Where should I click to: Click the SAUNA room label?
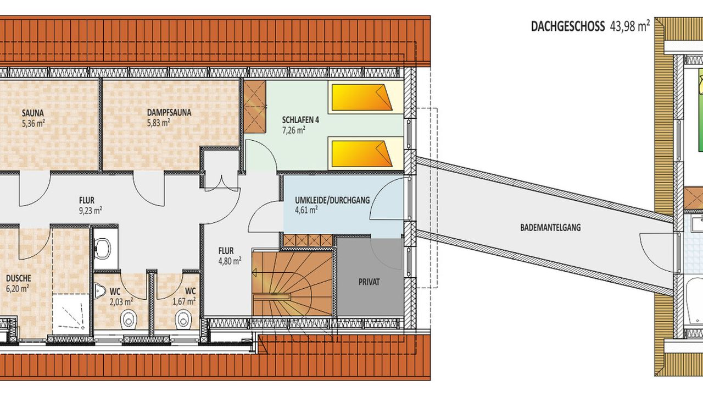(x=32, y=113)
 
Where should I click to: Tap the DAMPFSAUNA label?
(x=169, y=113)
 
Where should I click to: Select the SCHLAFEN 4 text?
(x=300, y=120)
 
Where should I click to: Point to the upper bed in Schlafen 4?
(x=362, y=97)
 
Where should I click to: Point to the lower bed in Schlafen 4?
(x=362, y=153)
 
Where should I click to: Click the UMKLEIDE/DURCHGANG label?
(x=332, y=200)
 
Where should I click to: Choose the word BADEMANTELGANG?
(x=550, y=228)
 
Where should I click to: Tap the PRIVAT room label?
(x=369, y=282)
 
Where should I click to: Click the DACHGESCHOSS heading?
(x=568, y=26)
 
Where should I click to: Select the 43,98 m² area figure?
(x=629, y=26)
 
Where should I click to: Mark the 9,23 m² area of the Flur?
(x=91, y=210)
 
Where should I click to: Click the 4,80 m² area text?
(x=230, y=261)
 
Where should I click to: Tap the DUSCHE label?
(x=19, y=278)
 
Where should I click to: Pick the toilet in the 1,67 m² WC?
(x=183, y=320)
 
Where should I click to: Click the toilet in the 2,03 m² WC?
(x=129, y=320)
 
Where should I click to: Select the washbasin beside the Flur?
(x=102, y=249)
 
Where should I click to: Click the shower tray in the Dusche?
(x=71, y=312)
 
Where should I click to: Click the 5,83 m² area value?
(x=159, y=123)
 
